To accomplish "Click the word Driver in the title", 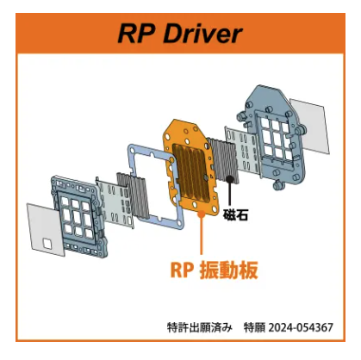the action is point(202,34).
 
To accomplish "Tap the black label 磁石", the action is point(235,215).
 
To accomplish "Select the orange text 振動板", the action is point(228,270).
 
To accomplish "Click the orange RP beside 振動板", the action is point(181,270).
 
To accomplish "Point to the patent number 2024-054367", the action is point(301,327).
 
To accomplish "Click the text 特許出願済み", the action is point(199,327).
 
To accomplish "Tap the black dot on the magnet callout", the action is point(229,179).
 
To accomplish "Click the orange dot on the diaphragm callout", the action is point(202,214).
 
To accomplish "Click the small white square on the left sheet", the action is point(47,244).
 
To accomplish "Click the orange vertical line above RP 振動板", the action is point(202,234).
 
